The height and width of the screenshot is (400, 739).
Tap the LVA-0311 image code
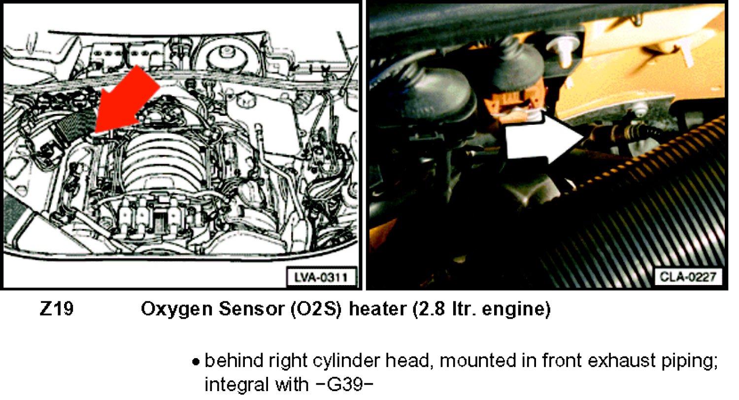[x=321, y=277]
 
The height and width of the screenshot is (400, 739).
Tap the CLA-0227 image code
[x=687, y=277]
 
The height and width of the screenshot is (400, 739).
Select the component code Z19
[x=57, y=309]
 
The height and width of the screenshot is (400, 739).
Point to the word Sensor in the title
[x=251, y=309]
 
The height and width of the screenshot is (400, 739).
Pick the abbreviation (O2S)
[x=316, y=310]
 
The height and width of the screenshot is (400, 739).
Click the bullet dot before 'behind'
[x=196, y=362]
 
